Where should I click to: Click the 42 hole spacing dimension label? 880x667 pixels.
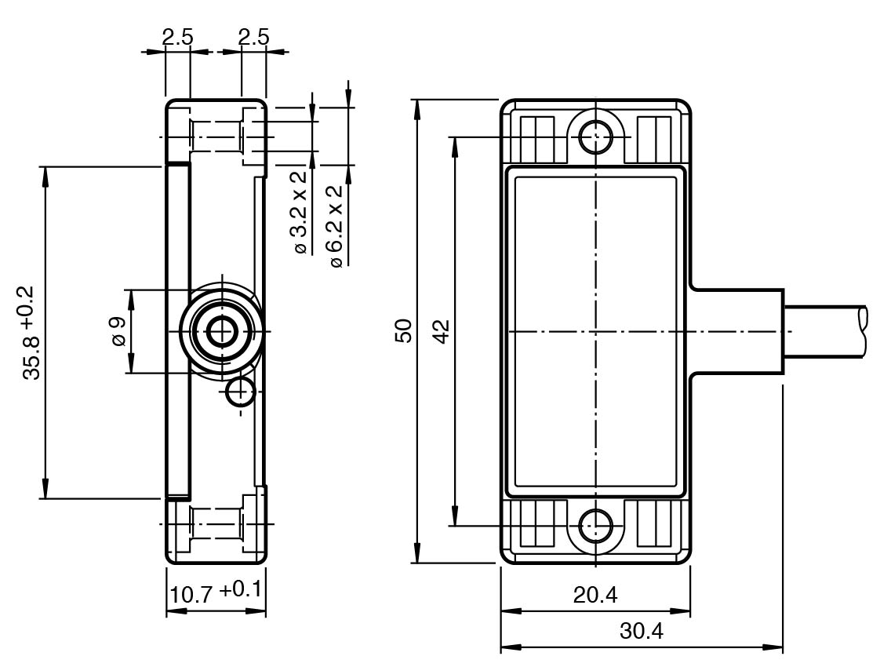pos(441,330)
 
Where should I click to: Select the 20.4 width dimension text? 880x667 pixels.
pos(595,596)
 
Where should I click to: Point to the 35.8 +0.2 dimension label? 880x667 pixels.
pos(33,333)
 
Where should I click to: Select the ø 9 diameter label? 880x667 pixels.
pos(118,331)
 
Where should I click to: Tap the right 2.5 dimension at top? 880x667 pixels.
pos(253,37)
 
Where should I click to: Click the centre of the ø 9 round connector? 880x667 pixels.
pos(224,331)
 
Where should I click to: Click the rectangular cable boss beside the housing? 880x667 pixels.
pos(737,331)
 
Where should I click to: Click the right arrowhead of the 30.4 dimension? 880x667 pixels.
pos(777,648)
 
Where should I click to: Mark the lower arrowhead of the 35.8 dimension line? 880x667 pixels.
pos(45,491)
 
